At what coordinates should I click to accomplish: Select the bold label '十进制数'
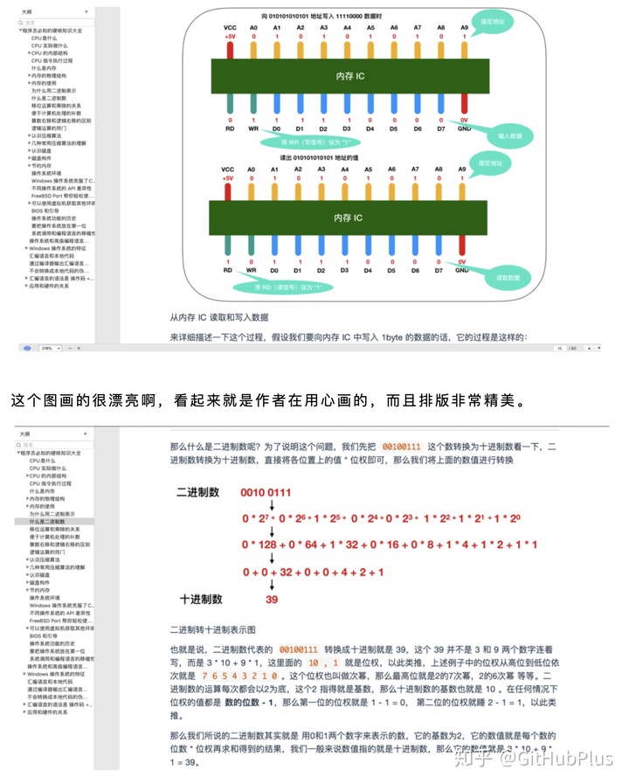[201, 599]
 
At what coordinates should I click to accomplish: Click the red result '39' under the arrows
[272, 599]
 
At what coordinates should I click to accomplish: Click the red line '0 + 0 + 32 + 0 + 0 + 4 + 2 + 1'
[314, 572]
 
